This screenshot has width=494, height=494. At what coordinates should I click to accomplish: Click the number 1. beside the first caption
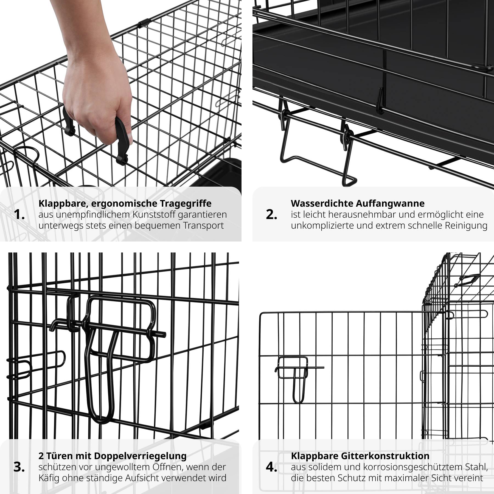pos(19,215)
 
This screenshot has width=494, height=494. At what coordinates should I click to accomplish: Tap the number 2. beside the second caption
pos(271,215)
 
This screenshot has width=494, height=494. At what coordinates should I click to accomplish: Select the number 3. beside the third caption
pos(19,467)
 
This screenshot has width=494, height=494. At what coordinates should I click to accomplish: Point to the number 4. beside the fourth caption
pos(271,467)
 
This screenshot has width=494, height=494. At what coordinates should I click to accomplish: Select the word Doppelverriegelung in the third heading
pos(140,456)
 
